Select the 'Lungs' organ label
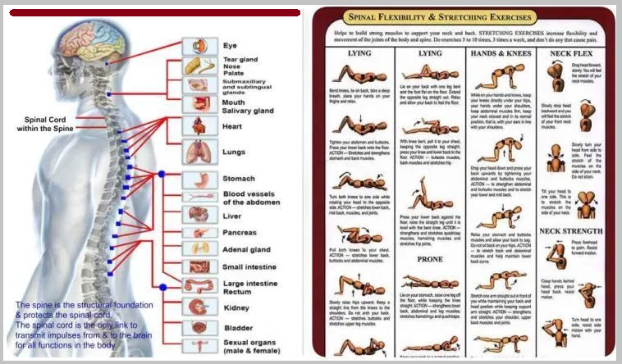[x=234, y=152]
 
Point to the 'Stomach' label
[x=239, y=179]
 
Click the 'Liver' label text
[x=232, y=216]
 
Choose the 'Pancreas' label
[x=240, y=233]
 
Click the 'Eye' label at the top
[x=230, y=46]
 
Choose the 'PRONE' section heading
[x=430, y=258]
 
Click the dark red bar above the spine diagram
[x=151, y=12]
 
